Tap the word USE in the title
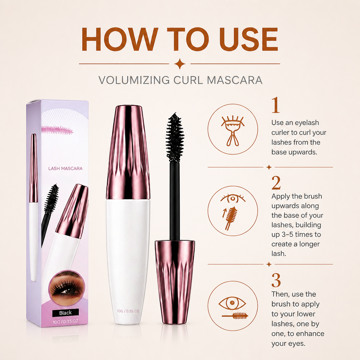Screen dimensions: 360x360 (x=249, y=39)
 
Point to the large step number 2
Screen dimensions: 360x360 (x=276, y=183)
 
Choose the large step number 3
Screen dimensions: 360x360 (x=276, y=280)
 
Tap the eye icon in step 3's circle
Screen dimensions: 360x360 (x=232, y=303)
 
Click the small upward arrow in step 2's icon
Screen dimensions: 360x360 (x=224, y=213)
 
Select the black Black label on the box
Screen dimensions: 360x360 (x=65, y=313)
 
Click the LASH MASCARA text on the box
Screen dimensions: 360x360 (x=65, y=168)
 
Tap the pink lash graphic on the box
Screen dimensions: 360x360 (x=57, y=130)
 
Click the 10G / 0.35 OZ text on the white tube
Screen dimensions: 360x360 (x=128, y=311)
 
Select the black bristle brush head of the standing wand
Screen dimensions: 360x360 (x=175, y=137)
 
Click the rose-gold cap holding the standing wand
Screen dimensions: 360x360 (x=175, y=282)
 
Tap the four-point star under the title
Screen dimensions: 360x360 (x=180, y=64)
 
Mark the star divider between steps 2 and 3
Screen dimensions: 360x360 (x=269, y=264)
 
